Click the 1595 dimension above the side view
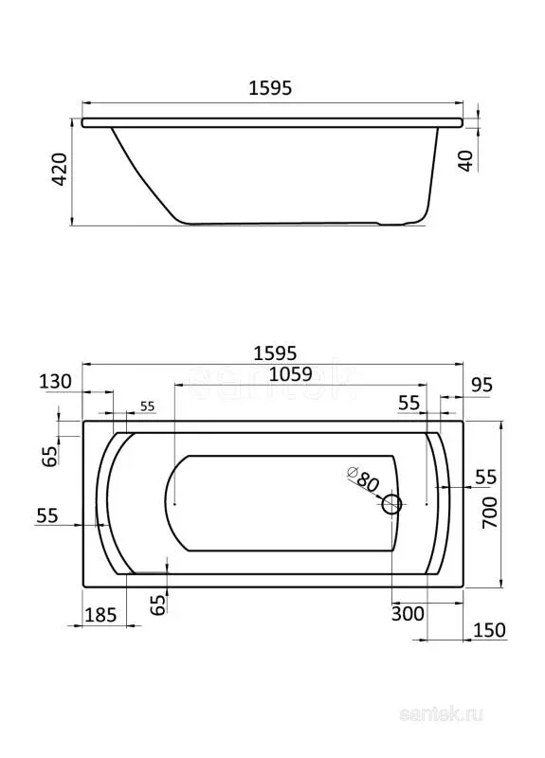click(270, 88)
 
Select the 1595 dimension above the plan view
click(275, 353)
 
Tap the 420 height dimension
click(60, 170)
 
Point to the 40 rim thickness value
click(465, 160)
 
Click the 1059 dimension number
click(291, 374)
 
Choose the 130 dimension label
click(55, 382)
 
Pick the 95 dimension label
click(481, 386)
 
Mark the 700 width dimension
click(490, 513)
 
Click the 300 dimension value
click(408, 614)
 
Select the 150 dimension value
click(489, 630)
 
